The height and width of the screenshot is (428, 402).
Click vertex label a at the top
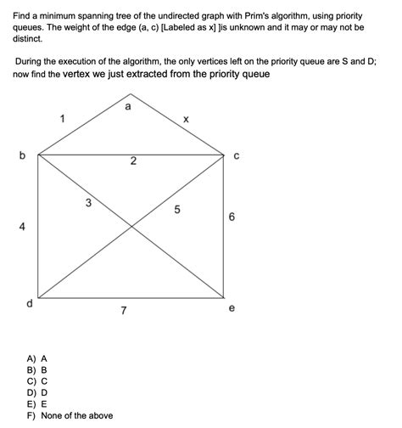127,107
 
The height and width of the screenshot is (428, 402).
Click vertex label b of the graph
22,155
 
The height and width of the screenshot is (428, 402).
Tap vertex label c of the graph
237,155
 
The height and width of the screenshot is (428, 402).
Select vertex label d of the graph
30,302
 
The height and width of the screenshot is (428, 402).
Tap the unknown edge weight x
186,120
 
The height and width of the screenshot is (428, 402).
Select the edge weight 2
133,161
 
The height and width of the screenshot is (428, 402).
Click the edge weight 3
89,202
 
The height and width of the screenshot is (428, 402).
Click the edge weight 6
232,217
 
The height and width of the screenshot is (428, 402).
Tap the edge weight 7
124,311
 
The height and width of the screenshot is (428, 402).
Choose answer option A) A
37,359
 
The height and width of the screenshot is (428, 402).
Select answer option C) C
37,381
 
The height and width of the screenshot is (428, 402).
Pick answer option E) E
37,404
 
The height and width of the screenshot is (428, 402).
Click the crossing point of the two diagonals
131,227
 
